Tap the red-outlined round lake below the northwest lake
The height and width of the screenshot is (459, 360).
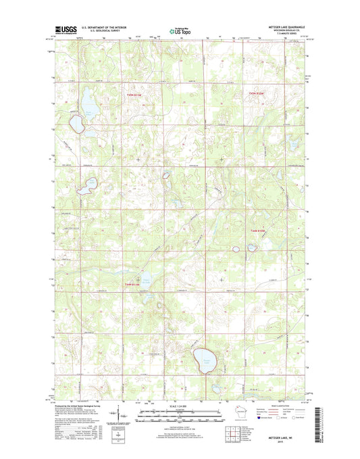click(76, 124)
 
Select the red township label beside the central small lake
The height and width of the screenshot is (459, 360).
click(134, 284)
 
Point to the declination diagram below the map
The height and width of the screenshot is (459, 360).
click(118, 412)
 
